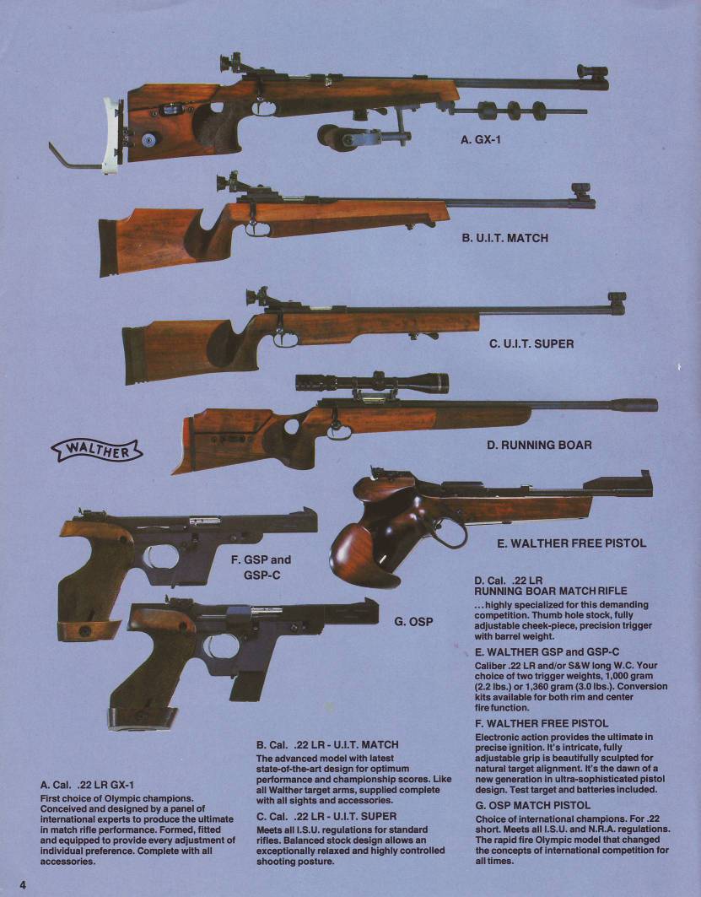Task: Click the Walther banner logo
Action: (97, 451)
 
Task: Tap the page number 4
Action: (23, 884)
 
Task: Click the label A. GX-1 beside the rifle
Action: (481, 139)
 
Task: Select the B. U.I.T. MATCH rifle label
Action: (505, 237)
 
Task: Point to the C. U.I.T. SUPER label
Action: (531, 343)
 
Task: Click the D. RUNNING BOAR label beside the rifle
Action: (539, 445)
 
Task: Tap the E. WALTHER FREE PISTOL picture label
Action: (571, 543)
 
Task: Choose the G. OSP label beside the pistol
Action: (413, 621)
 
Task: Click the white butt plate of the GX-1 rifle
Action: (111, 136)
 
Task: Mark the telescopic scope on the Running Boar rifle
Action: (372, 382)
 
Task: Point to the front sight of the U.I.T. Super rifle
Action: (617, 303)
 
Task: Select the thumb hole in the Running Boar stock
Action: (291, 426)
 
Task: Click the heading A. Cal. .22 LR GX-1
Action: (88, 785)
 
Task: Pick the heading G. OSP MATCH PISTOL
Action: (533, 806)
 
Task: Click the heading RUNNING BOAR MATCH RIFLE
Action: (551, 591)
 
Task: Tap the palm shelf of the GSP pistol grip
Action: (89, 630)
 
